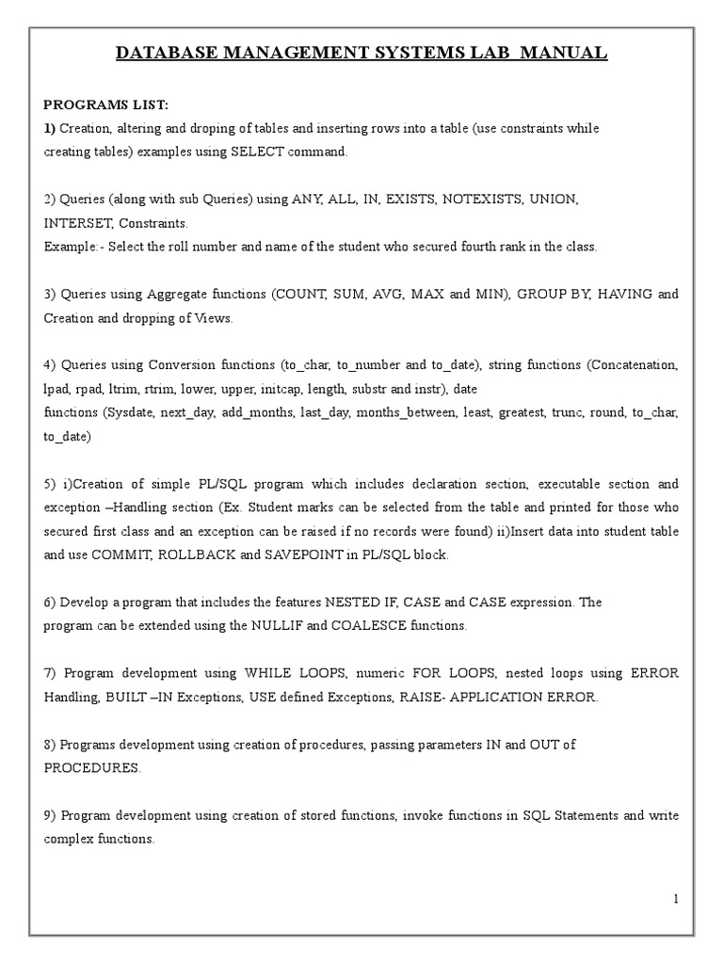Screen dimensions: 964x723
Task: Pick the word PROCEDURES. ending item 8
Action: [x=92, y=767]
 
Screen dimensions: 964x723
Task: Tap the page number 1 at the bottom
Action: [x=676, y=899]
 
